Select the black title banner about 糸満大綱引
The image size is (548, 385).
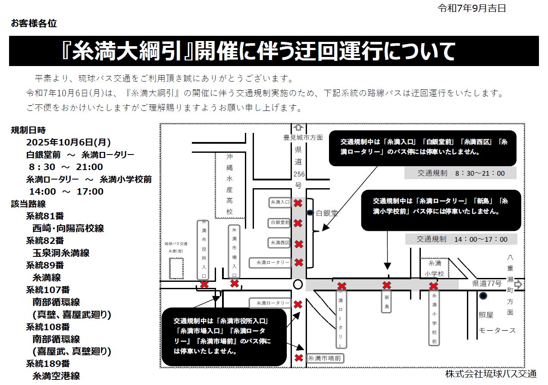click(x=274, y=51)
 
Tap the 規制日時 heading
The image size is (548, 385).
click(x=28, y=130)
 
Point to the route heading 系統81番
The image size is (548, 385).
click(x=45, y=216)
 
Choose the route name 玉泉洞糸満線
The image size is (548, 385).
click(x=61, y=253)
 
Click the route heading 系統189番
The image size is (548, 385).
click(x=48, y=363)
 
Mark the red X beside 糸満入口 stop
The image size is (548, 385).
click(x=297, y=203)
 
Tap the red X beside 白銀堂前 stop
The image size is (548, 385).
click(x=297, y=223)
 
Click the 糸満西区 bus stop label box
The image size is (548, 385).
click(x=280, y=243)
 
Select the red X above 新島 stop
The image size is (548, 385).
click(x=387, y=285)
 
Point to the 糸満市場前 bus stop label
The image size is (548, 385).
click(x=325, y=358)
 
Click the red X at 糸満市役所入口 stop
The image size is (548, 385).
click(x=204, y=284)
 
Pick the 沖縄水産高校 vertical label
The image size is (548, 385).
click(x=229, y=184)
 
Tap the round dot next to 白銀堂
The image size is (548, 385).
click(x=310, y=213)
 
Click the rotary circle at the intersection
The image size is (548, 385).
click(x=297, y=284)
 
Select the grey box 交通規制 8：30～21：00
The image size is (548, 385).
click(x=460, y=174)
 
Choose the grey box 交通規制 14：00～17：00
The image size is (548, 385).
click(x=461, y=239)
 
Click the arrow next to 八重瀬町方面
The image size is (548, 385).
click(x=518, y=284)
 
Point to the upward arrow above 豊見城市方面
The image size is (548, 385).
click(x=298, y=128)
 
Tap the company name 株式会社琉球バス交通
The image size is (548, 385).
click(x=491, y=374)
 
